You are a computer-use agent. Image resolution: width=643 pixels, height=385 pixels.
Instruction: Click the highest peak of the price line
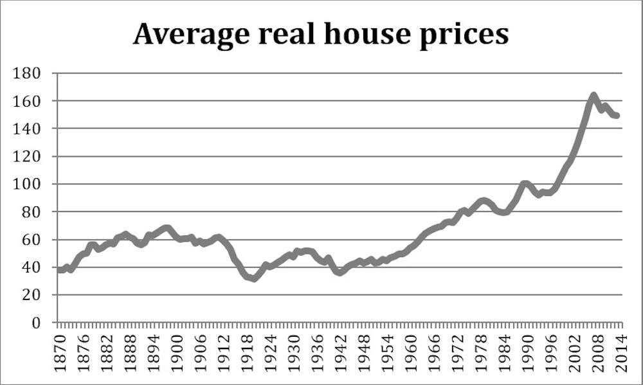click(x=593, y=96)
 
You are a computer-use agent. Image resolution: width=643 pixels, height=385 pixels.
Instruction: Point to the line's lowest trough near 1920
click(x=254, y=278)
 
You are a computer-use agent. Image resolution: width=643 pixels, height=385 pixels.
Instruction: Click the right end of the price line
click(x=617, y=116)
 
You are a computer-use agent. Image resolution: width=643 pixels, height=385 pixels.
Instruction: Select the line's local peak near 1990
click(x=525, y=184)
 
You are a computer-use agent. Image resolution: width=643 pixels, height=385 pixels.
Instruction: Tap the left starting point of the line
click(x=59, y=270)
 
